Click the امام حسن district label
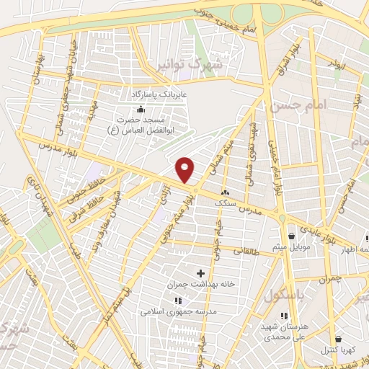tap(296, 106)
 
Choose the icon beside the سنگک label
tap(226, 192)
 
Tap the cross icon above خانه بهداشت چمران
tap(200, 272)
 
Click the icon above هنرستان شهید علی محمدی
tap(285, 316)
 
